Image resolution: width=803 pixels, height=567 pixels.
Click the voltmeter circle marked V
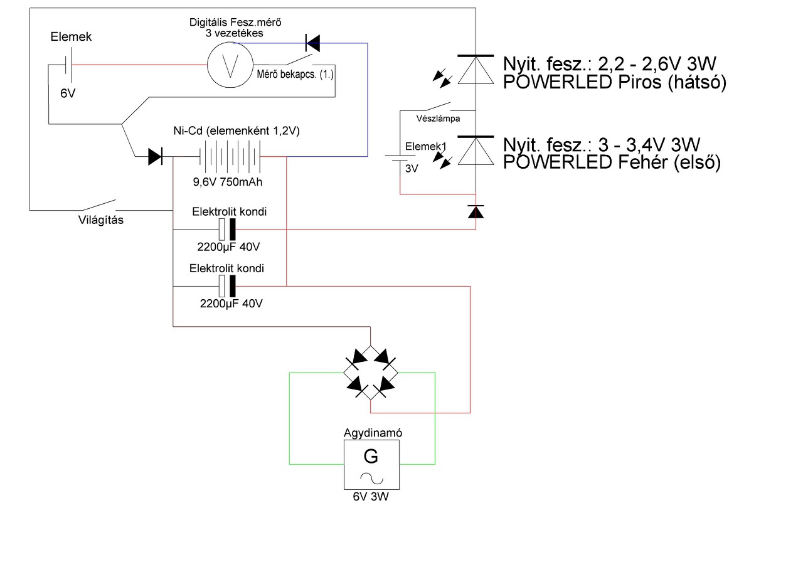pos(230,65)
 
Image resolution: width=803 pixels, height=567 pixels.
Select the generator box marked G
pos(371,464)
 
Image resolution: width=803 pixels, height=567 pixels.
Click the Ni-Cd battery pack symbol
pos(229,156)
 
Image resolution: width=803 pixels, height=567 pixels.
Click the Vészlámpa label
pos(437,118)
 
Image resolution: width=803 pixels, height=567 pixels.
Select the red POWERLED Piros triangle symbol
pos(475,70)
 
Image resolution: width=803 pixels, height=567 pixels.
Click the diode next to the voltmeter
pos(312,43)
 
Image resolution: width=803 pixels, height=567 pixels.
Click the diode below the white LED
pos(476,212)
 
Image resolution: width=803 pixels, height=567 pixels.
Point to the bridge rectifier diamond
pos(371,372)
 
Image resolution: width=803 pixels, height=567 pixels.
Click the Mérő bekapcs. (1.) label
pos(295,74)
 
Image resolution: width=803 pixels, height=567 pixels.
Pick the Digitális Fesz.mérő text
pos(235,23)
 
